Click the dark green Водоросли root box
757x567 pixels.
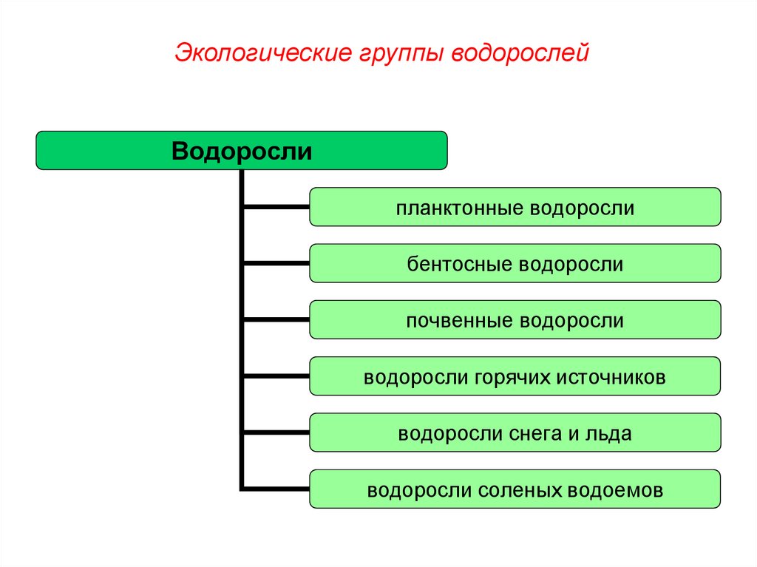coord(242,151)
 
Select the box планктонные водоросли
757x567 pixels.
coord(515,207)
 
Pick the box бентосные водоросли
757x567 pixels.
coord(515,264)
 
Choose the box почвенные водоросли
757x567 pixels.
coord(515,321)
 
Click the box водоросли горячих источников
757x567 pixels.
coord(515,377)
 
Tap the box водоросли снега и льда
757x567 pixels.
coord(515,433)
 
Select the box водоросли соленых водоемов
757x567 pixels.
coord(515,489)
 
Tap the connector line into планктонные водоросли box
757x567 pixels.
coord(276,207)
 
